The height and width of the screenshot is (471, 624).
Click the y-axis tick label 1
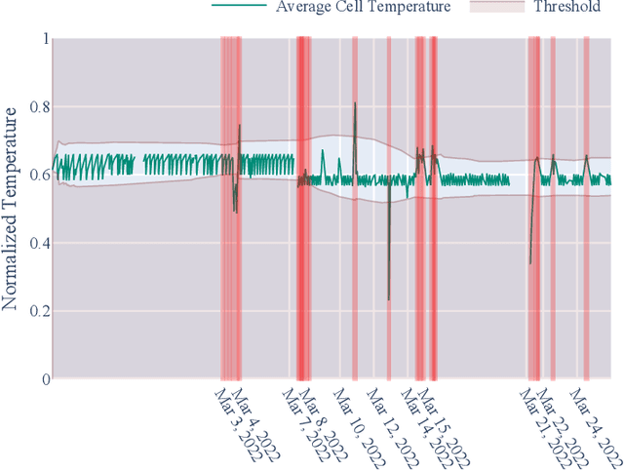coord(42,39)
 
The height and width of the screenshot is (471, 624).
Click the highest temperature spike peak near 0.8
coord(355,103)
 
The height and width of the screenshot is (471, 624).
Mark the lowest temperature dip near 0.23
coord(388,299)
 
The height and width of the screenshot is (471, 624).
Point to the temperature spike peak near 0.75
coord(240,125)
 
